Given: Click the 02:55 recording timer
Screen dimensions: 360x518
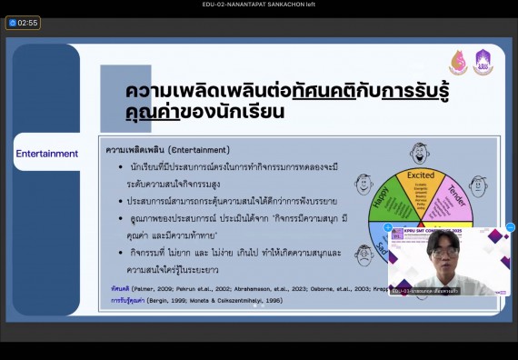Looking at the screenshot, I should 24,23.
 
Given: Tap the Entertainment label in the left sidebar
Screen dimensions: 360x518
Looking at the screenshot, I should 46,154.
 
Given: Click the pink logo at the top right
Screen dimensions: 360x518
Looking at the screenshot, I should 458,63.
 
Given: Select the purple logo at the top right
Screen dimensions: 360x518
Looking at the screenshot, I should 483,63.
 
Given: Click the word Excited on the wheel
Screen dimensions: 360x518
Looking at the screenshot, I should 421,175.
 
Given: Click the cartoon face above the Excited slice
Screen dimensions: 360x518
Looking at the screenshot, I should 420,151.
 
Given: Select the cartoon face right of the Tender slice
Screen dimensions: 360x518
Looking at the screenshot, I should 478,185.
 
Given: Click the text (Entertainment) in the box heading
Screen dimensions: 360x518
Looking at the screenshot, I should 193,149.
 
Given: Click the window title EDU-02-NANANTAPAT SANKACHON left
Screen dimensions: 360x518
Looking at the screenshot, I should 258,5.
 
